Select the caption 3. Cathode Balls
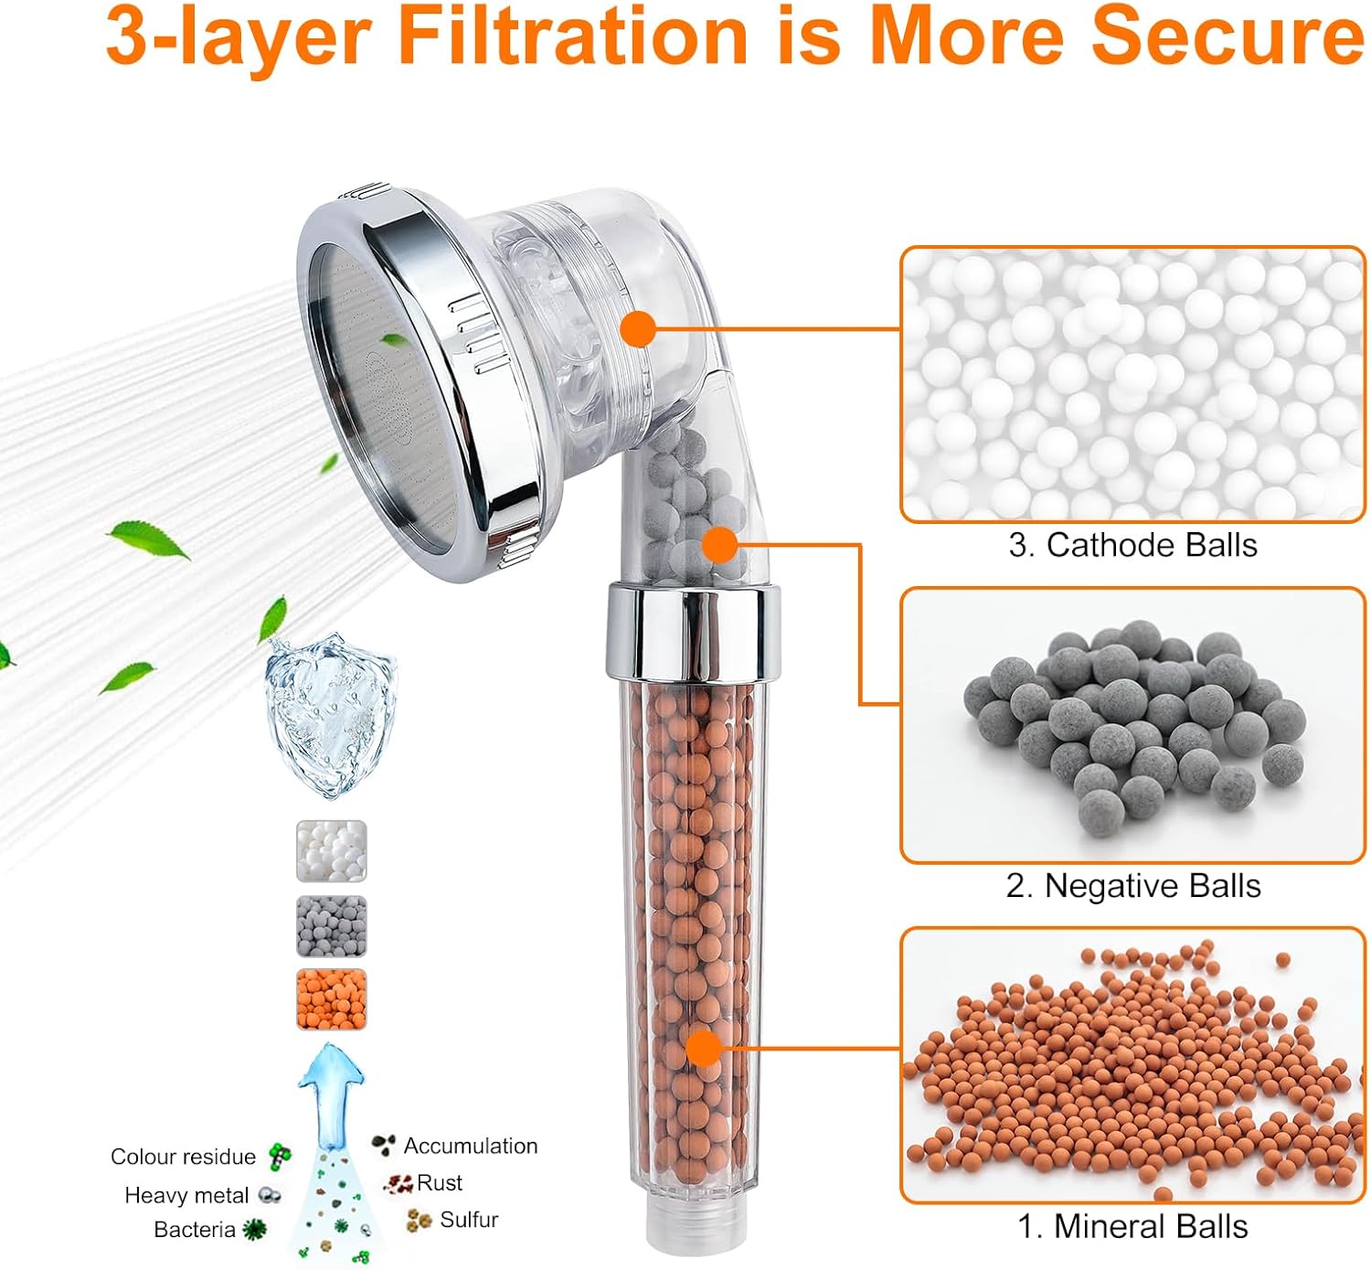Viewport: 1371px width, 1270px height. tap(1132, 545)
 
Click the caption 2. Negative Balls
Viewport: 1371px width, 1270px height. tap(1132, 886)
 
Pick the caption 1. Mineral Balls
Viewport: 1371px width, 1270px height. tap(1132, 1227)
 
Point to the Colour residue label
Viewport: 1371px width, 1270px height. tap(183, 1157)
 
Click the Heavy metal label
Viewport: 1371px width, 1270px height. tap(186, 1196)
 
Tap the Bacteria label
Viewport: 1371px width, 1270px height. tap(194, 1231)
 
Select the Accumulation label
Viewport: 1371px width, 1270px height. tap(470, 1147)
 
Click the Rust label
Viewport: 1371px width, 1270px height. tap(439, 1183)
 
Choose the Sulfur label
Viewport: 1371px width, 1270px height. tap(468, 1220)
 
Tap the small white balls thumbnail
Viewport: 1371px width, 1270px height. tap(331, 851)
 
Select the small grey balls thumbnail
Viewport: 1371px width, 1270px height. tap(331, 926)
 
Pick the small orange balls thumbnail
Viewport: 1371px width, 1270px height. tap(331, 999)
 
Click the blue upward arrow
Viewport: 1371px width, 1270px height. tap(331, 1093)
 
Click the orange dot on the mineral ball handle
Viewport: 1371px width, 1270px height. tap(703, 1048)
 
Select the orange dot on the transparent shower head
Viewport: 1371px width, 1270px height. tap(638, 328)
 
